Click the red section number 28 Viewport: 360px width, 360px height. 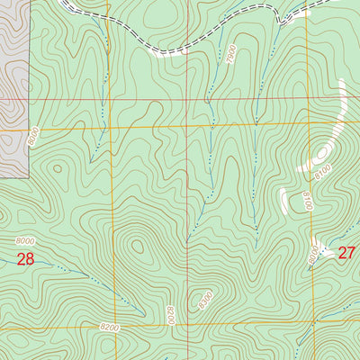pos(25,260)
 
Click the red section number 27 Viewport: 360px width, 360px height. pos(346,253)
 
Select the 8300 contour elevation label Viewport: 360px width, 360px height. pos(206,296)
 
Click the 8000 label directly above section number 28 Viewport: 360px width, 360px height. pos(28,240)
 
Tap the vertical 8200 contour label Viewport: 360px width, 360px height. pos(169,316)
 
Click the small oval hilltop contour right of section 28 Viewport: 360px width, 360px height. pos(136,246)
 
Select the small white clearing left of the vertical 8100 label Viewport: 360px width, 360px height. pos(283,200)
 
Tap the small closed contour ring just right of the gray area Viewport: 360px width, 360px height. pos(56,167)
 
